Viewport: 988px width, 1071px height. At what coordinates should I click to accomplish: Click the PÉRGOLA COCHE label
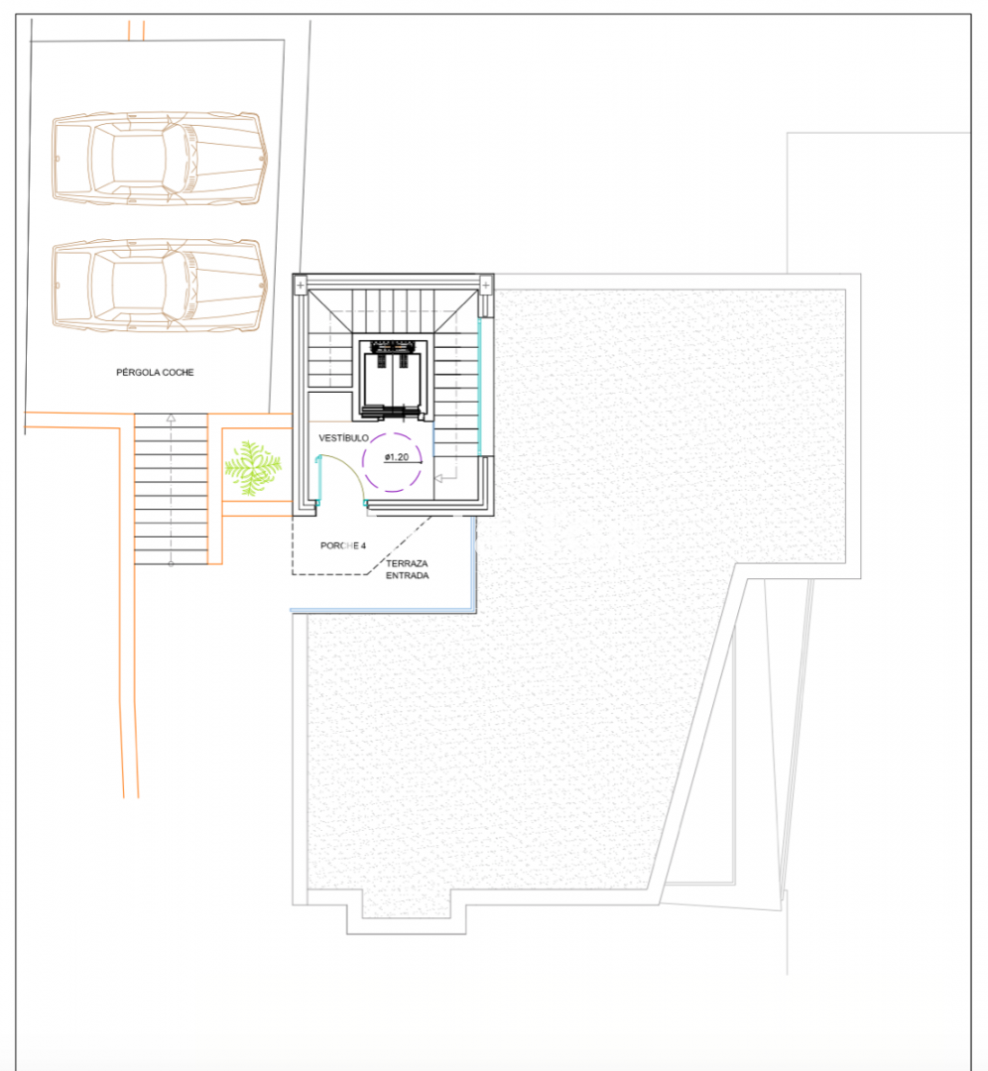155,372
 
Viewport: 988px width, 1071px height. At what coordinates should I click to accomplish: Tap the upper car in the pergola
160,159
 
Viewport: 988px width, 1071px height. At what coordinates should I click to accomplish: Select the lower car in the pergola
160,286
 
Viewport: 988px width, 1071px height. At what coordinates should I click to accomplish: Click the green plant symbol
253,468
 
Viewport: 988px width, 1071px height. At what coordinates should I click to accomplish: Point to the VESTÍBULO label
343,438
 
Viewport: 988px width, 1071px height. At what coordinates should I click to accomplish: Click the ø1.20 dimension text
397,457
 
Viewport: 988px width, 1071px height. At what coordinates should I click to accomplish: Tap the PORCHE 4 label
343,545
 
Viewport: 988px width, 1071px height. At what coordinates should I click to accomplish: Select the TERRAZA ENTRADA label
408,569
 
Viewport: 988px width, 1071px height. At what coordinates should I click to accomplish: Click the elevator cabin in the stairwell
393,378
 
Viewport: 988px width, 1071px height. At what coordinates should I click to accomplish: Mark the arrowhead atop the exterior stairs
171,417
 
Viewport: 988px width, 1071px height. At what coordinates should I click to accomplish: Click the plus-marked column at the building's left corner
301,285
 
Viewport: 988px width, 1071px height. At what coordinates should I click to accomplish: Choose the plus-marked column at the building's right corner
485,285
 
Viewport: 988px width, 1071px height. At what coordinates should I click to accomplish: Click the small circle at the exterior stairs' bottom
171,563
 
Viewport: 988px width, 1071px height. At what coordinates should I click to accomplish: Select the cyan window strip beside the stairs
479,388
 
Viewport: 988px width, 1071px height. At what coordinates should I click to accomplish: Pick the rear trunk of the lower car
71,286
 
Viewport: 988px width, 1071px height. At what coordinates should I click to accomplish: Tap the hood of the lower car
225,286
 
